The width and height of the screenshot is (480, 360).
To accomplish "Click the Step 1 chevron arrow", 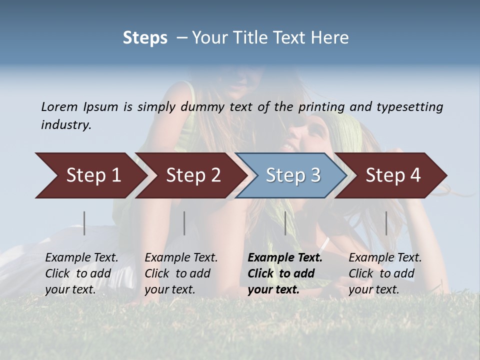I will [90, 175].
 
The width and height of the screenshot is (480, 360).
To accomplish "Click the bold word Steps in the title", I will [145, 38].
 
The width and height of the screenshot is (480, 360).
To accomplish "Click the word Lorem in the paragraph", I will [59, 106].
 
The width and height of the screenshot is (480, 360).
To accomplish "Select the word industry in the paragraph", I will [66, 125].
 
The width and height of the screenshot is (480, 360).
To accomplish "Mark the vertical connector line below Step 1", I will [84, 223].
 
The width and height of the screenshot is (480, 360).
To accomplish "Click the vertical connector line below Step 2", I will [184, 223].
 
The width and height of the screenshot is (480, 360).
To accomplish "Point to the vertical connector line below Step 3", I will [285, 223].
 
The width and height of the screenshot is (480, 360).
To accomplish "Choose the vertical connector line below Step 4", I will [386, 223].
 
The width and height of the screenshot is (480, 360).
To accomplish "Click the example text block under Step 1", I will [81, 273].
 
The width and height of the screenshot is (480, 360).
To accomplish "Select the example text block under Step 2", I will [181, 273].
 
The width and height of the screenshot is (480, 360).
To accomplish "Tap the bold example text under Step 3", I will [285, 273].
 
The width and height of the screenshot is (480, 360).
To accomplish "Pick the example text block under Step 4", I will [385, 273].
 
